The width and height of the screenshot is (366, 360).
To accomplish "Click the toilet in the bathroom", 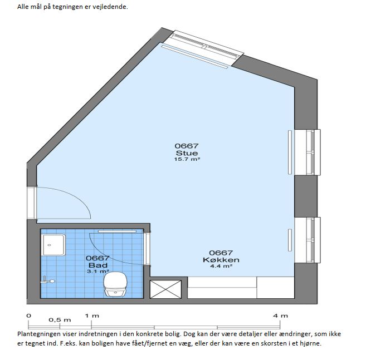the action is [x=115, y=284].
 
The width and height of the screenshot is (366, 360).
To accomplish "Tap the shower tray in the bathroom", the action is [x=53, y=245].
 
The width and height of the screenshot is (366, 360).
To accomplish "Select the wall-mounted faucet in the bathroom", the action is [x=47, y=280].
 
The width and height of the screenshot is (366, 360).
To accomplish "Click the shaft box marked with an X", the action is [x=165, y=289].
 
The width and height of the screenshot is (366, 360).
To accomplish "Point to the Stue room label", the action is [x=187, y=153].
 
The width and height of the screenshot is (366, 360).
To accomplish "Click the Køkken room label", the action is [x=221, y=260].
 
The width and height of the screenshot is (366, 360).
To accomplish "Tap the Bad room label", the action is [x=98, y=265].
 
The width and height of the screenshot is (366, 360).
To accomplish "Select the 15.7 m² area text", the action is [x=187, y=159].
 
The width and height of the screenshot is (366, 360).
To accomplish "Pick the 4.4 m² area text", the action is [x=221, y=266].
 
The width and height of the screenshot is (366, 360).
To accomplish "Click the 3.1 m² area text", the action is [x=98, y=272].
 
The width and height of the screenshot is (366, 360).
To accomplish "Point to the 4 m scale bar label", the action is [x=280, y=316].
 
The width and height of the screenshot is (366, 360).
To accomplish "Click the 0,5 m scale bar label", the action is [x=60, y=320].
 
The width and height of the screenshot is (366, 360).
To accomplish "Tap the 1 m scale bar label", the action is [x=92, y=316].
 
